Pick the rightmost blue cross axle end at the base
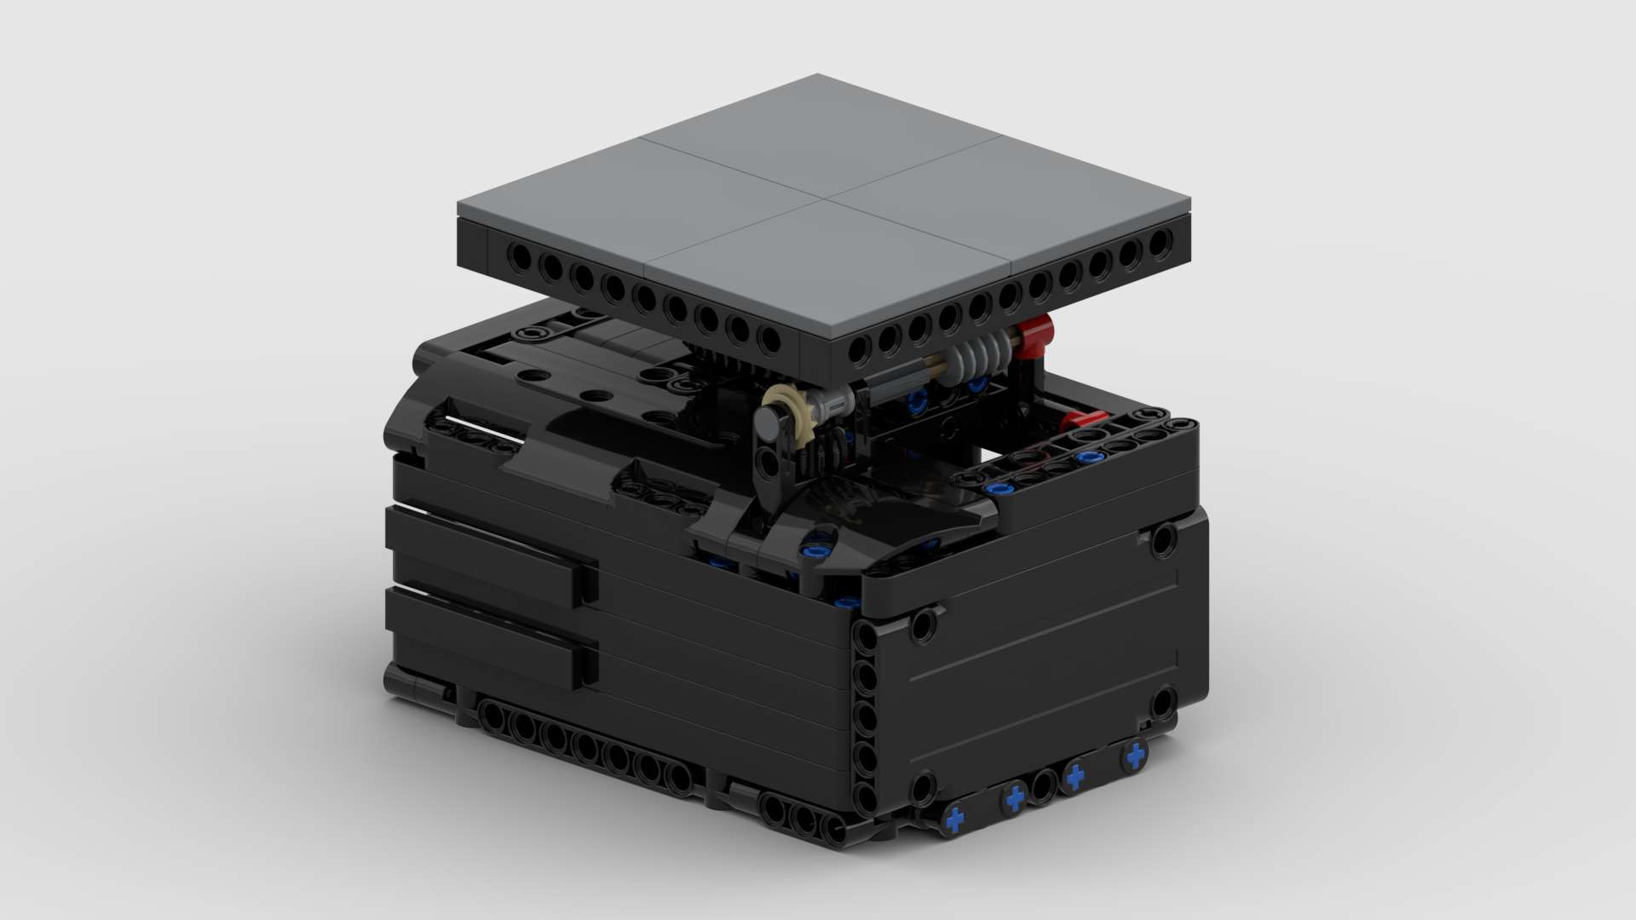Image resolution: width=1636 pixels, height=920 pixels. tap(1134, 755)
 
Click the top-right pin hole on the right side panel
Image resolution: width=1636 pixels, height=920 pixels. tap(1163, 540)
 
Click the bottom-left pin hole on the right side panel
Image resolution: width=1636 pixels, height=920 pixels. tap(923, 787)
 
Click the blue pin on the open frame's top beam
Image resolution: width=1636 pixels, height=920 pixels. tap(1084, 458)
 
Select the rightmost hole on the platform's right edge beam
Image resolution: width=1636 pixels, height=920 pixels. tap(1158, 244)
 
